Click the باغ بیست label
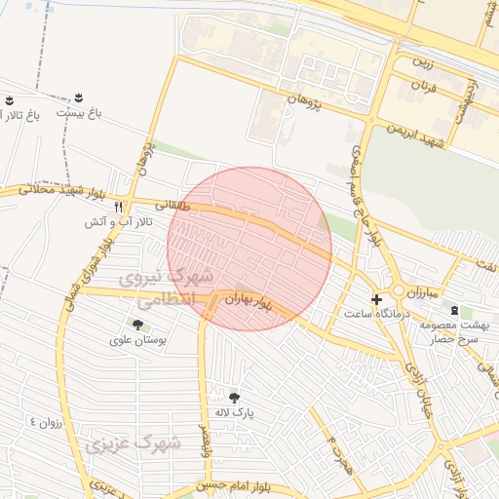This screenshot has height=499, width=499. (x=78, y=114)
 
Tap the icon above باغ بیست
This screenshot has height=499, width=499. (x=78, y=97)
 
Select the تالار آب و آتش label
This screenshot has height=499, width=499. (x=113, y=222)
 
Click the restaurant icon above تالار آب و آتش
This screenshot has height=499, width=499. (x=119, y=207)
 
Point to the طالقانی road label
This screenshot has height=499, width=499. (x=163, y=205)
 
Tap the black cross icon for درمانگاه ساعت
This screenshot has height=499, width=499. (x=377, y=298)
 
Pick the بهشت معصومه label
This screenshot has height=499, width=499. (x=456, y=326)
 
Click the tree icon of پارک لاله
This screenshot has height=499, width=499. (x=233, y=397)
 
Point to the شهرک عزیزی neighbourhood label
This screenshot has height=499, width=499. (x=132, y=444)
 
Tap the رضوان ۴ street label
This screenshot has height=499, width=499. (x=46, y=422)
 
